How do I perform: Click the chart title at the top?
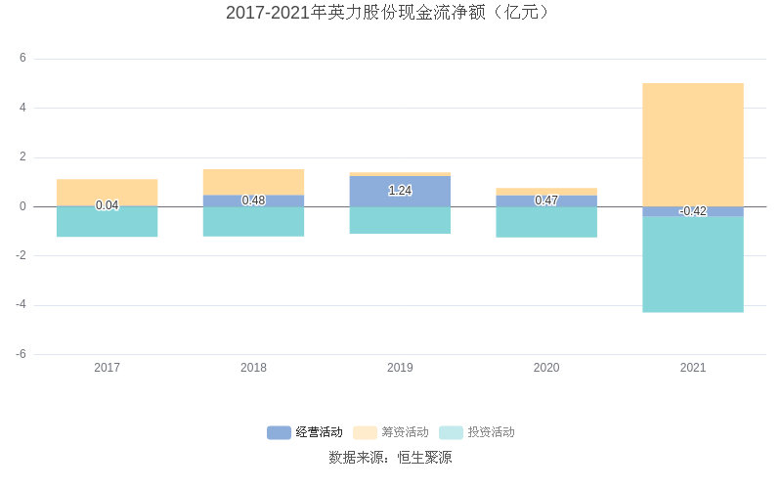pyautogui.click(x=390, y=13)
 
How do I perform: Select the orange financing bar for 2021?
pyautogui.click(x=692, y=144)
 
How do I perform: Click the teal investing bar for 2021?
pyautogui.click(x=692, y=264)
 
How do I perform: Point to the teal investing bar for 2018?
pyautogui.click(x=253, y=222)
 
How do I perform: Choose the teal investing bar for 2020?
pyautogui.click(x=546, y=222)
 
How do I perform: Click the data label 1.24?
pyautogui.click(x=400, y=191)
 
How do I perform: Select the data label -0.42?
pyautogui.click(x=692, y=211)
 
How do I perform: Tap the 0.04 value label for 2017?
pyautogui.click(x=107, y=205)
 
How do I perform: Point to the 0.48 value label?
pyautogui.click(x=253, y=200)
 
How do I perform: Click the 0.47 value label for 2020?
pyautogui.click(x=546, y=200)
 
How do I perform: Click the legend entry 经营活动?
pyautogui.click(x=306, y=432)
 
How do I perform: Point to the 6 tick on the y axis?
pyautogui.click(x=22, y=59)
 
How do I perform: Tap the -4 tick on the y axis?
pyautogui.click(x=21, y=305)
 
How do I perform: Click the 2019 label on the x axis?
pyautogui.click(x=400, y=368)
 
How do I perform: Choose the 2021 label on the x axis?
pyautogui.click(x=692, y=368)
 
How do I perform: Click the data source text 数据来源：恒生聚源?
pyautogui.click(x=390, y=458)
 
